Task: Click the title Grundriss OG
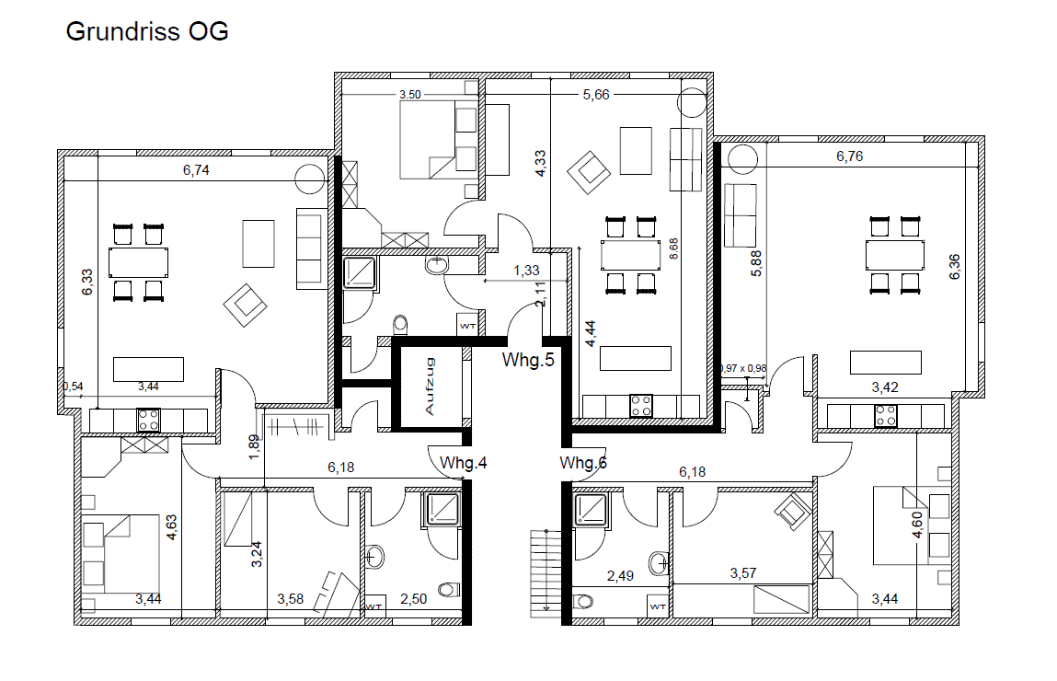point(147,32)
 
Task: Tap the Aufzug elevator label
point(430,387)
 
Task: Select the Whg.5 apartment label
point(528,360)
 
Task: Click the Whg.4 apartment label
point(463,463)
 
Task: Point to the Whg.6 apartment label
point(583,463)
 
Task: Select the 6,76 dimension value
point(849,156)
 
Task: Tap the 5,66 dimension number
point(596,94)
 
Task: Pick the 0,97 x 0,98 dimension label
point(742,369)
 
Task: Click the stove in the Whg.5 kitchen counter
point(640,404)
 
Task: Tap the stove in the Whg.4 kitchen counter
point(148,421)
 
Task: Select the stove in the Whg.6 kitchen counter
point(886,415)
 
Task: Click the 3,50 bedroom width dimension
point(408,95)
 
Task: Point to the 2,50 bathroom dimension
point(414,599)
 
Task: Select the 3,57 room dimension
point(743,573)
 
